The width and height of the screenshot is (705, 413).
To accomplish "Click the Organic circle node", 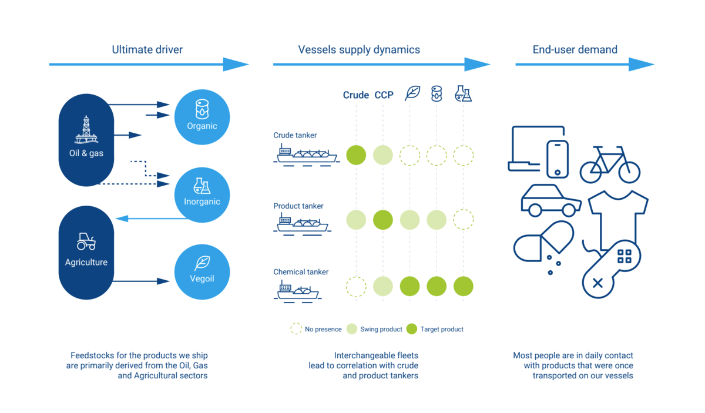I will tap(202, 117).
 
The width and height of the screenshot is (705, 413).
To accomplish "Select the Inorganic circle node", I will tap(202, 194).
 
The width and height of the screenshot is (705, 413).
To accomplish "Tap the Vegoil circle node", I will tap(202, 272).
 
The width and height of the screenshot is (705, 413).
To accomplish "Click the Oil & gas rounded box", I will tap(86, 140).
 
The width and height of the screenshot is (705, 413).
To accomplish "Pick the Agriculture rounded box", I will tap(86, 253).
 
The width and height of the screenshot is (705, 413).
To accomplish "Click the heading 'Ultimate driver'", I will tap(147, 50).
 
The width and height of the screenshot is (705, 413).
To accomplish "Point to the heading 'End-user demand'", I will tap(575, 50).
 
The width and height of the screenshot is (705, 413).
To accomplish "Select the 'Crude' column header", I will tap(356, 95).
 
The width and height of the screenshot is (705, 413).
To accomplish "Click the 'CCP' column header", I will tap(384, 95).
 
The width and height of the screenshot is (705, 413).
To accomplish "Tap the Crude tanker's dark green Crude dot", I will tap(356, 155).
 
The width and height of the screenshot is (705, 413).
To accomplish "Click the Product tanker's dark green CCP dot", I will tap(383, 220).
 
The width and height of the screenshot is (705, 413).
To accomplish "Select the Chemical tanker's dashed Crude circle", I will tap(356, 287).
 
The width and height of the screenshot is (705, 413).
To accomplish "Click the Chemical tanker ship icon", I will tap(297, 291).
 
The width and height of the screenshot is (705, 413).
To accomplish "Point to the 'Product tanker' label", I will tap(298, 206).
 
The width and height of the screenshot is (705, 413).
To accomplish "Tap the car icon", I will tap(550, 201).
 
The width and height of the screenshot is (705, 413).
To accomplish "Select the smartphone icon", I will tap(557, 159).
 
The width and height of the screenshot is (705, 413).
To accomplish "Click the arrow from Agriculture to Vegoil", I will tap(141, 281).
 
